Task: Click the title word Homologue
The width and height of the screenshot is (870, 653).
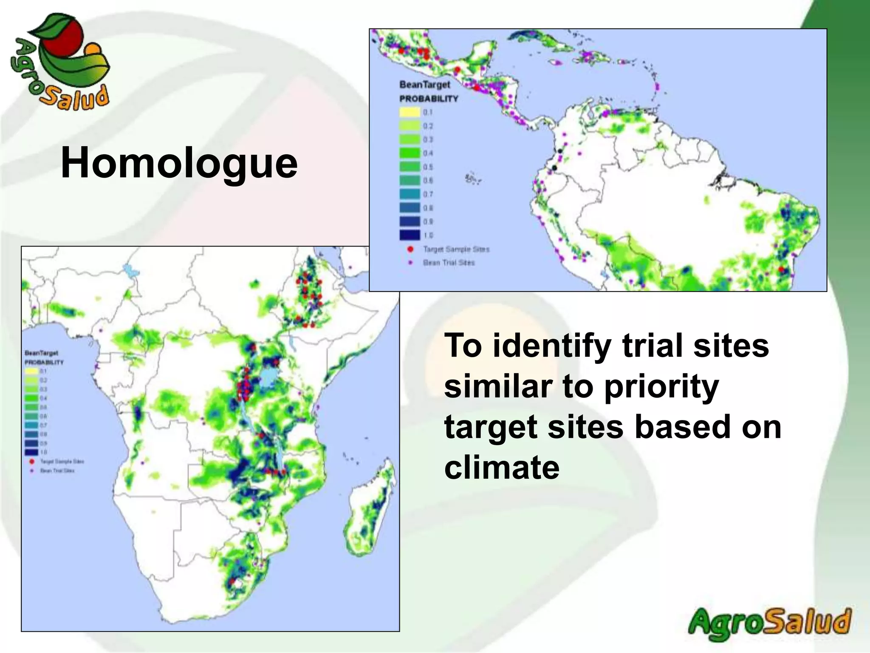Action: [179, 163]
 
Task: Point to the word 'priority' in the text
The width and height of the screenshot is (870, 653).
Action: [661, 387]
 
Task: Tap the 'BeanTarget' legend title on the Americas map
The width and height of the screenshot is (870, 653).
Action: [424, 85]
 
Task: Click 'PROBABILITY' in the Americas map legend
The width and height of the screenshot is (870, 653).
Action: [429, 99]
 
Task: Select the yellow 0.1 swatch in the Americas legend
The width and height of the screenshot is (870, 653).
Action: [410, 112]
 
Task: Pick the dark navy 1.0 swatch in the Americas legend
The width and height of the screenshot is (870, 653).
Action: [410, 235]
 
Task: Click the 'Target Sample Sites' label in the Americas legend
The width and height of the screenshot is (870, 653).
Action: [456, 249]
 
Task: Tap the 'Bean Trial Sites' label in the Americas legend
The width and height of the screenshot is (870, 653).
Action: [449, 263]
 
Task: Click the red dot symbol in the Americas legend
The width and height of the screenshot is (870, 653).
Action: [410, 249]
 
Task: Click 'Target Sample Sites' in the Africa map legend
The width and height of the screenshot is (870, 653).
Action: [62, 461]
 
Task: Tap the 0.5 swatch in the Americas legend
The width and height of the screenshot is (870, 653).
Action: [410, 167]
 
